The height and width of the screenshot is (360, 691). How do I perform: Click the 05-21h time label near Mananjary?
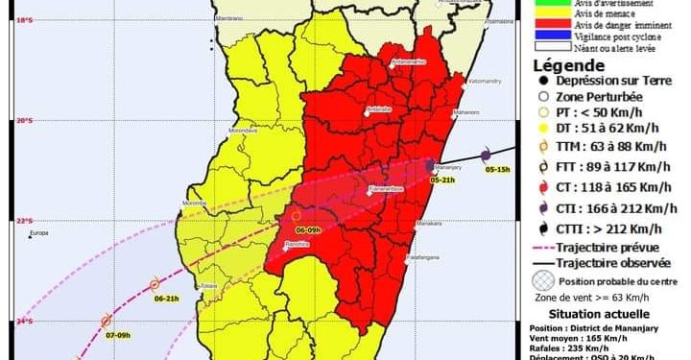(441, 180)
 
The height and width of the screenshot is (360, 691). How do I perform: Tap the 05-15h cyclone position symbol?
(487, 154)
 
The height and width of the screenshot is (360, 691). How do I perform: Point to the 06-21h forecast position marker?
(155, 284)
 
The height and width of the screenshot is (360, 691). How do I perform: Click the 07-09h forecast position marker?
(106, 321)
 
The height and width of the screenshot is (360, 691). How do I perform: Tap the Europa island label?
(38, 234)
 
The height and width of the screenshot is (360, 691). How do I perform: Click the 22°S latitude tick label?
(12, 221)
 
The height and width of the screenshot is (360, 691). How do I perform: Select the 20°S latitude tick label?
(12, 120)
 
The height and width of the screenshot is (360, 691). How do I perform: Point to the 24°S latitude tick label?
(12, 321)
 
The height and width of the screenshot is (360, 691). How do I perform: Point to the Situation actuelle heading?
(599, 314)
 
